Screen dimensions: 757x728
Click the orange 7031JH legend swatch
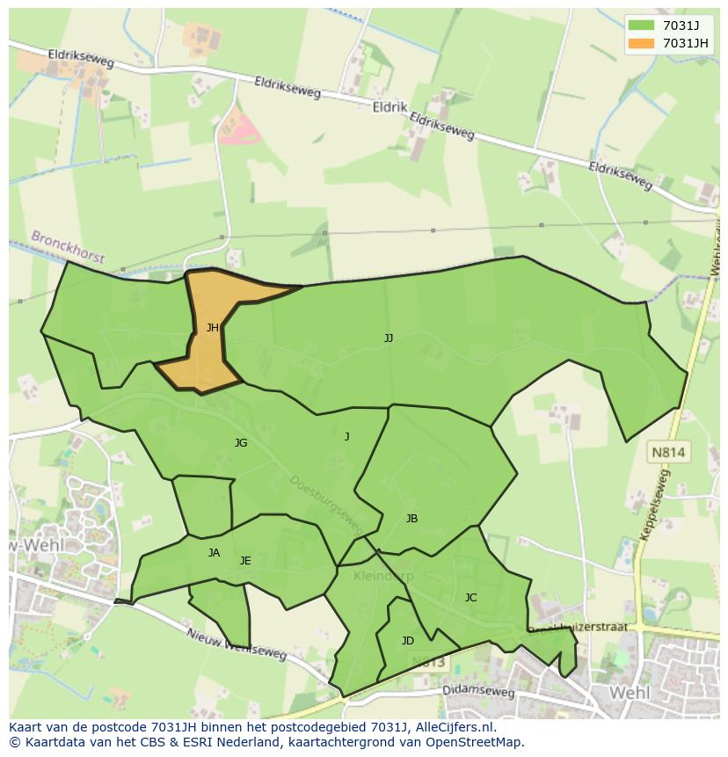pyautogui.click(x=642, y=43)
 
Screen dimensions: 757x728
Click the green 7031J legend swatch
pyautogui.click(x=642, y=25)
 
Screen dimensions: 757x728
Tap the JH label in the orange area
pyautogui.click(x=212, y=328)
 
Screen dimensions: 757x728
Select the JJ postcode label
pyautogui.click(x=389, y=338)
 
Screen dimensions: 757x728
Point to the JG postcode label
pyautogui.click(x=241, y=443)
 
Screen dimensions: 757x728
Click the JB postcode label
pyautogui.click(x=411, y=519)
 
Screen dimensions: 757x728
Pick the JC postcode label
pyautogui.click(x=470, y=598)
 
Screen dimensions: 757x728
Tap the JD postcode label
pyautogui.click(x=407, y=641)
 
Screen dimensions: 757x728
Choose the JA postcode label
pyautogui.click(x=214, y=553)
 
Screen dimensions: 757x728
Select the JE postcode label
pyautogui.click(x=245, y=561)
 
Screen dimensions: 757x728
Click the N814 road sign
pyautogui.click(x=669, y=453)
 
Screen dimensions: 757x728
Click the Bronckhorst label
pyautogui.click(x=68, y=247)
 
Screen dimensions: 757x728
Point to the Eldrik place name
pyautogui.click(x=389, y=107)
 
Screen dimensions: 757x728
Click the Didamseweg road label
pyautogui.click(x=479, y=692)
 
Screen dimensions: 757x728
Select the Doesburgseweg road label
pyautogui.click(x=325, y=505)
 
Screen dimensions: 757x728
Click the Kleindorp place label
pyautogui.click(x=383, y=576)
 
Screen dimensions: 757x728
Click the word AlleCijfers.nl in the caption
pyautogui.click(x=454, y=727)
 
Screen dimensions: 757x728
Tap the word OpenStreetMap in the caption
pyautogui.click(x=478, y=742)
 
